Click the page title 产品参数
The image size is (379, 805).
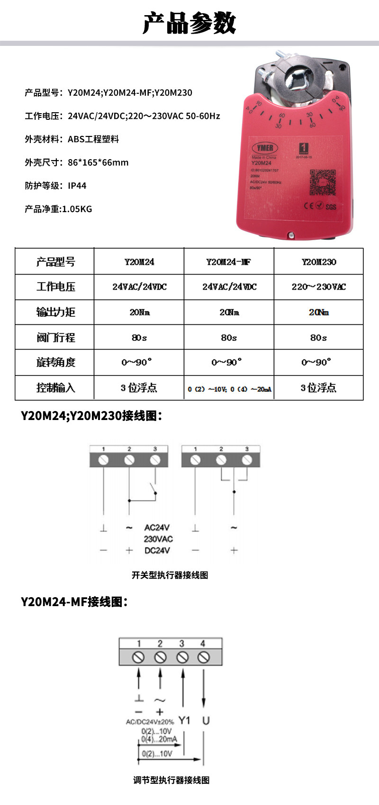point(189,23)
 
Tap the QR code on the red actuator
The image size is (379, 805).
point(322,182)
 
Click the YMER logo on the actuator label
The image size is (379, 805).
point(265,148)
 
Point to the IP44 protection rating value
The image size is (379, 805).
point(77,186)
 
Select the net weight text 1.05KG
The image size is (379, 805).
point(77,209)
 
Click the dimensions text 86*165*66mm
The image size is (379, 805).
point(98,162)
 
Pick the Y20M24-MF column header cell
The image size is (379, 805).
point(228,261)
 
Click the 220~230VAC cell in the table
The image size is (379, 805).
point(318,286)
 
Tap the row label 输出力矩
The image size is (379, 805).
point(55,312)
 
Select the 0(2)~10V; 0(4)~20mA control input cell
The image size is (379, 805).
point(229,389)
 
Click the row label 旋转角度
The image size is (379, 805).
point(55,362)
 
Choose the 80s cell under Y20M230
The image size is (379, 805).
point(318,338)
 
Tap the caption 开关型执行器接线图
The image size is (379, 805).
point(170,575)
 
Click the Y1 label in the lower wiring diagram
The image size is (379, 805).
point(184,720)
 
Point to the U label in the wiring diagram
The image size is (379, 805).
point(206,720)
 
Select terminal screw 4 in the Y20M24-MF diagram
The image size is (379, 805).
point(204,657)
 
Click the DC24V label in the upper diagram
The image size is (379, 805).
point(157,550)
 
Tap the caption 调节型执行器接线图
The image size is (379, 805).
point(171,780)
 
